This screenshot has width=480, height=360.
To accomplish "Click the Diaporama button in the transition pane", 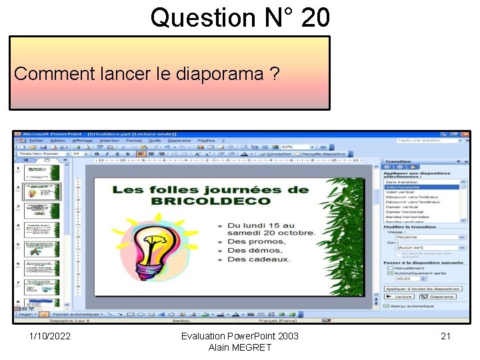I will pyautogui.click(x=439, y=297).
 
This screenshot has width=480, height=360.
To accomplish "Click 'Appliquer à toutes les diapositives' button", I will pyautogui.click(x=423, y=289).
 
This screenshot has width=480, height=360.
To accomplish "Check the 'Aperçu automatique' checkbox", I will pyautogui.click(x=387, y=306).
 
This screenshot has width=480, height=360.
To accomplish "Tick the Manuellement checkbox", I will pyautogui.click(x=387, y=268).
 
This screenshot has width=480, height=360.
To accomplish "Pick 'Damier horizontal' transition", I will pyautogui.click(x=404, y=212).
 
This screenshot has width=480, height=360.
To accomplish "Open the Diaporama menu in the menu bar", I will pyautogui.click(x=179, y=141).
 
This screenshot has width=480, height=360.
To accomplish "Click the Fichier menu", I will pyautogui.click(x=36, y=141).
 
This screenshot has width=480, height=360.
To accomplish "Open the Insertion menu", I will pyautogui.click(x=109, y=141).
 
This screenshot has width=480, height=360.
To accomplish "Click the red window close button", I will pyautogui.click(x=465, y=134).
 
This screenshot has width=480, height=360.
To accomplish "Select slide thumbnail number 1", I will pyautogui.click(x=41, y=173).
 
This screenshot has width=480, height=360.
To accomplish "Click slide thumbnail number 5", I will pyautogui.click(x=41, y=249).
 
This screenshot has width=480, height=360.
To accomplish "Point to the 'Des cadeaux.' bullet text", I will pyautogui.click(x=259, y=259).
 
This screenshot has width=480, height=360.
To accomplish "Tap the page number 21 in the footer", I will pyautogui.click(x=445, y=336).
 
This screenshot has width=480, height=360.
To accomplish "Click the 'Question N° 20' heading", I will pyautogui.click(x=240, y=17).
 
